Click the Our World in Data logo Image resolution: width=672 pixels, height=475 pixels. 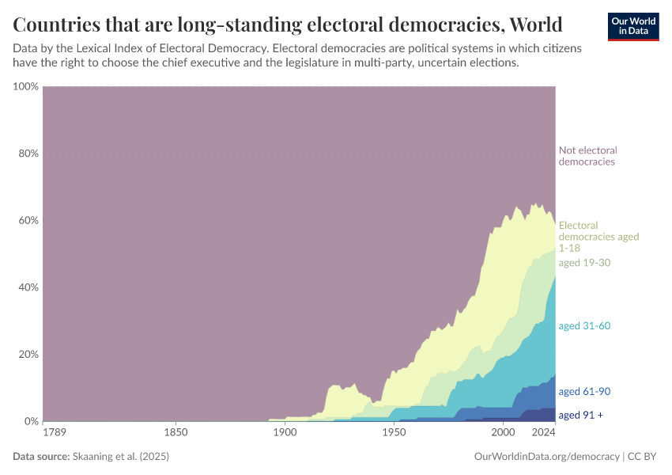tap(632, 26)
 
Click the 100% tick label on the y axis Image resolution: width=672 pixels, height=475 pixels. tap(26, 86)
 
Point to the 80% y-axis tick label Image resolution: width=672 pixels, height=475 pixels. tap(28, 154)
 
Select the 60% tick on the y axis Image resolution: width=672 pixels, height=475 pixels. tap(28, 220)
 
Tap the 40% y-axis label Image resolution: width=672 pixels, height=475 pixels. tap(28, 287)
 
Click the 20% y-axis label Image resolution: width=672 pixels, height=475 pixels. tap(28, 354)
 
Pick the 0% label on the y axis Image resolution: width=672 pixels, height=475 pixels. tap(31, 421)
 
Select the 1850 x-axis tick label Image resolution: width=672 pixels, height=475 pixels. tap(176, 433)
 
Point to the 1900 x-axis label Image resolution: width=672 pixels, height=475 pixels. tap(284, 433)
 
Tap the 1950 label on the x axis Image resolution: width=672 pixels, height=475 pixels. tap(393, 433)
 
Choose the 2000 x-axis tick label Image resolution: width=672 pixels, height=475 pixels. tap(502, 433)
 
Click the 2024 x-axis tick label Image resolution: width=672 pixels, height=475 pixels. tap(544, 433)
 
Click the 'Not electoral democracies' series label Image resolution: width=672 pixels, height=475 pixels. tap(587, 156)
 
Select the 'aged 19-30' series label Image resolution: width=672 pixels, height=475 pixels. tap(584, 262)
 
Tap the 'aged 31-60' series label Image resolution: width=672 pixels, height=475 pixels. tap(584, 325)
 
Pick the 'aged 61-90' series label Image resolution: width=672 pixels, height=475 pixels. tap(584, 391)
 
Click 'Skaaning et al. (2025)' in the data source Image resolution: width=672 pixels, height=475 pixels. tap(121, 457)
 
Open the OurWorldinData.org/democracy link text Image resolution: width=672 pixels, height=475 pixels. tap(546, 457)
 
